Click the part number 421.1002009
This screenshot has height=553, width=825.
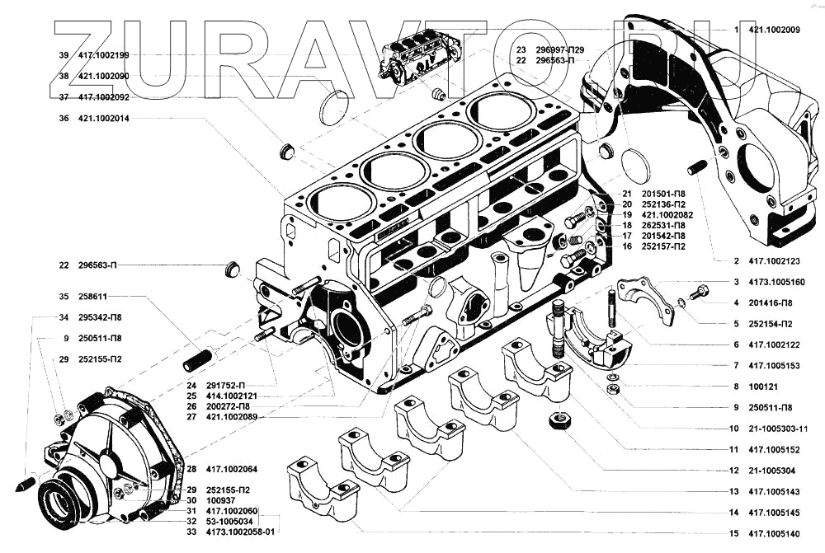point(774,30)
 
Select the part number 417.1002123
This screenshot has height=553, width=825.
point(774,261)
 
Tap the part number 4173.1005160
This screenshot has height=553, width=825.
point(776,282)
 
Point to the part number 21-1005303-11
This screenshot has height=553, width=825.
point(779,429)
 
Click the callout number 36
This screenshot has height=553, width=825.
point(64,118)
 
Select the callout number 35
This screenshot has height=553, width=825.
point(64,296)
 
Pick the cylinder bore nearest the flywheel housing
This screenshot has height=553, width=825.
point(499,110)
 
